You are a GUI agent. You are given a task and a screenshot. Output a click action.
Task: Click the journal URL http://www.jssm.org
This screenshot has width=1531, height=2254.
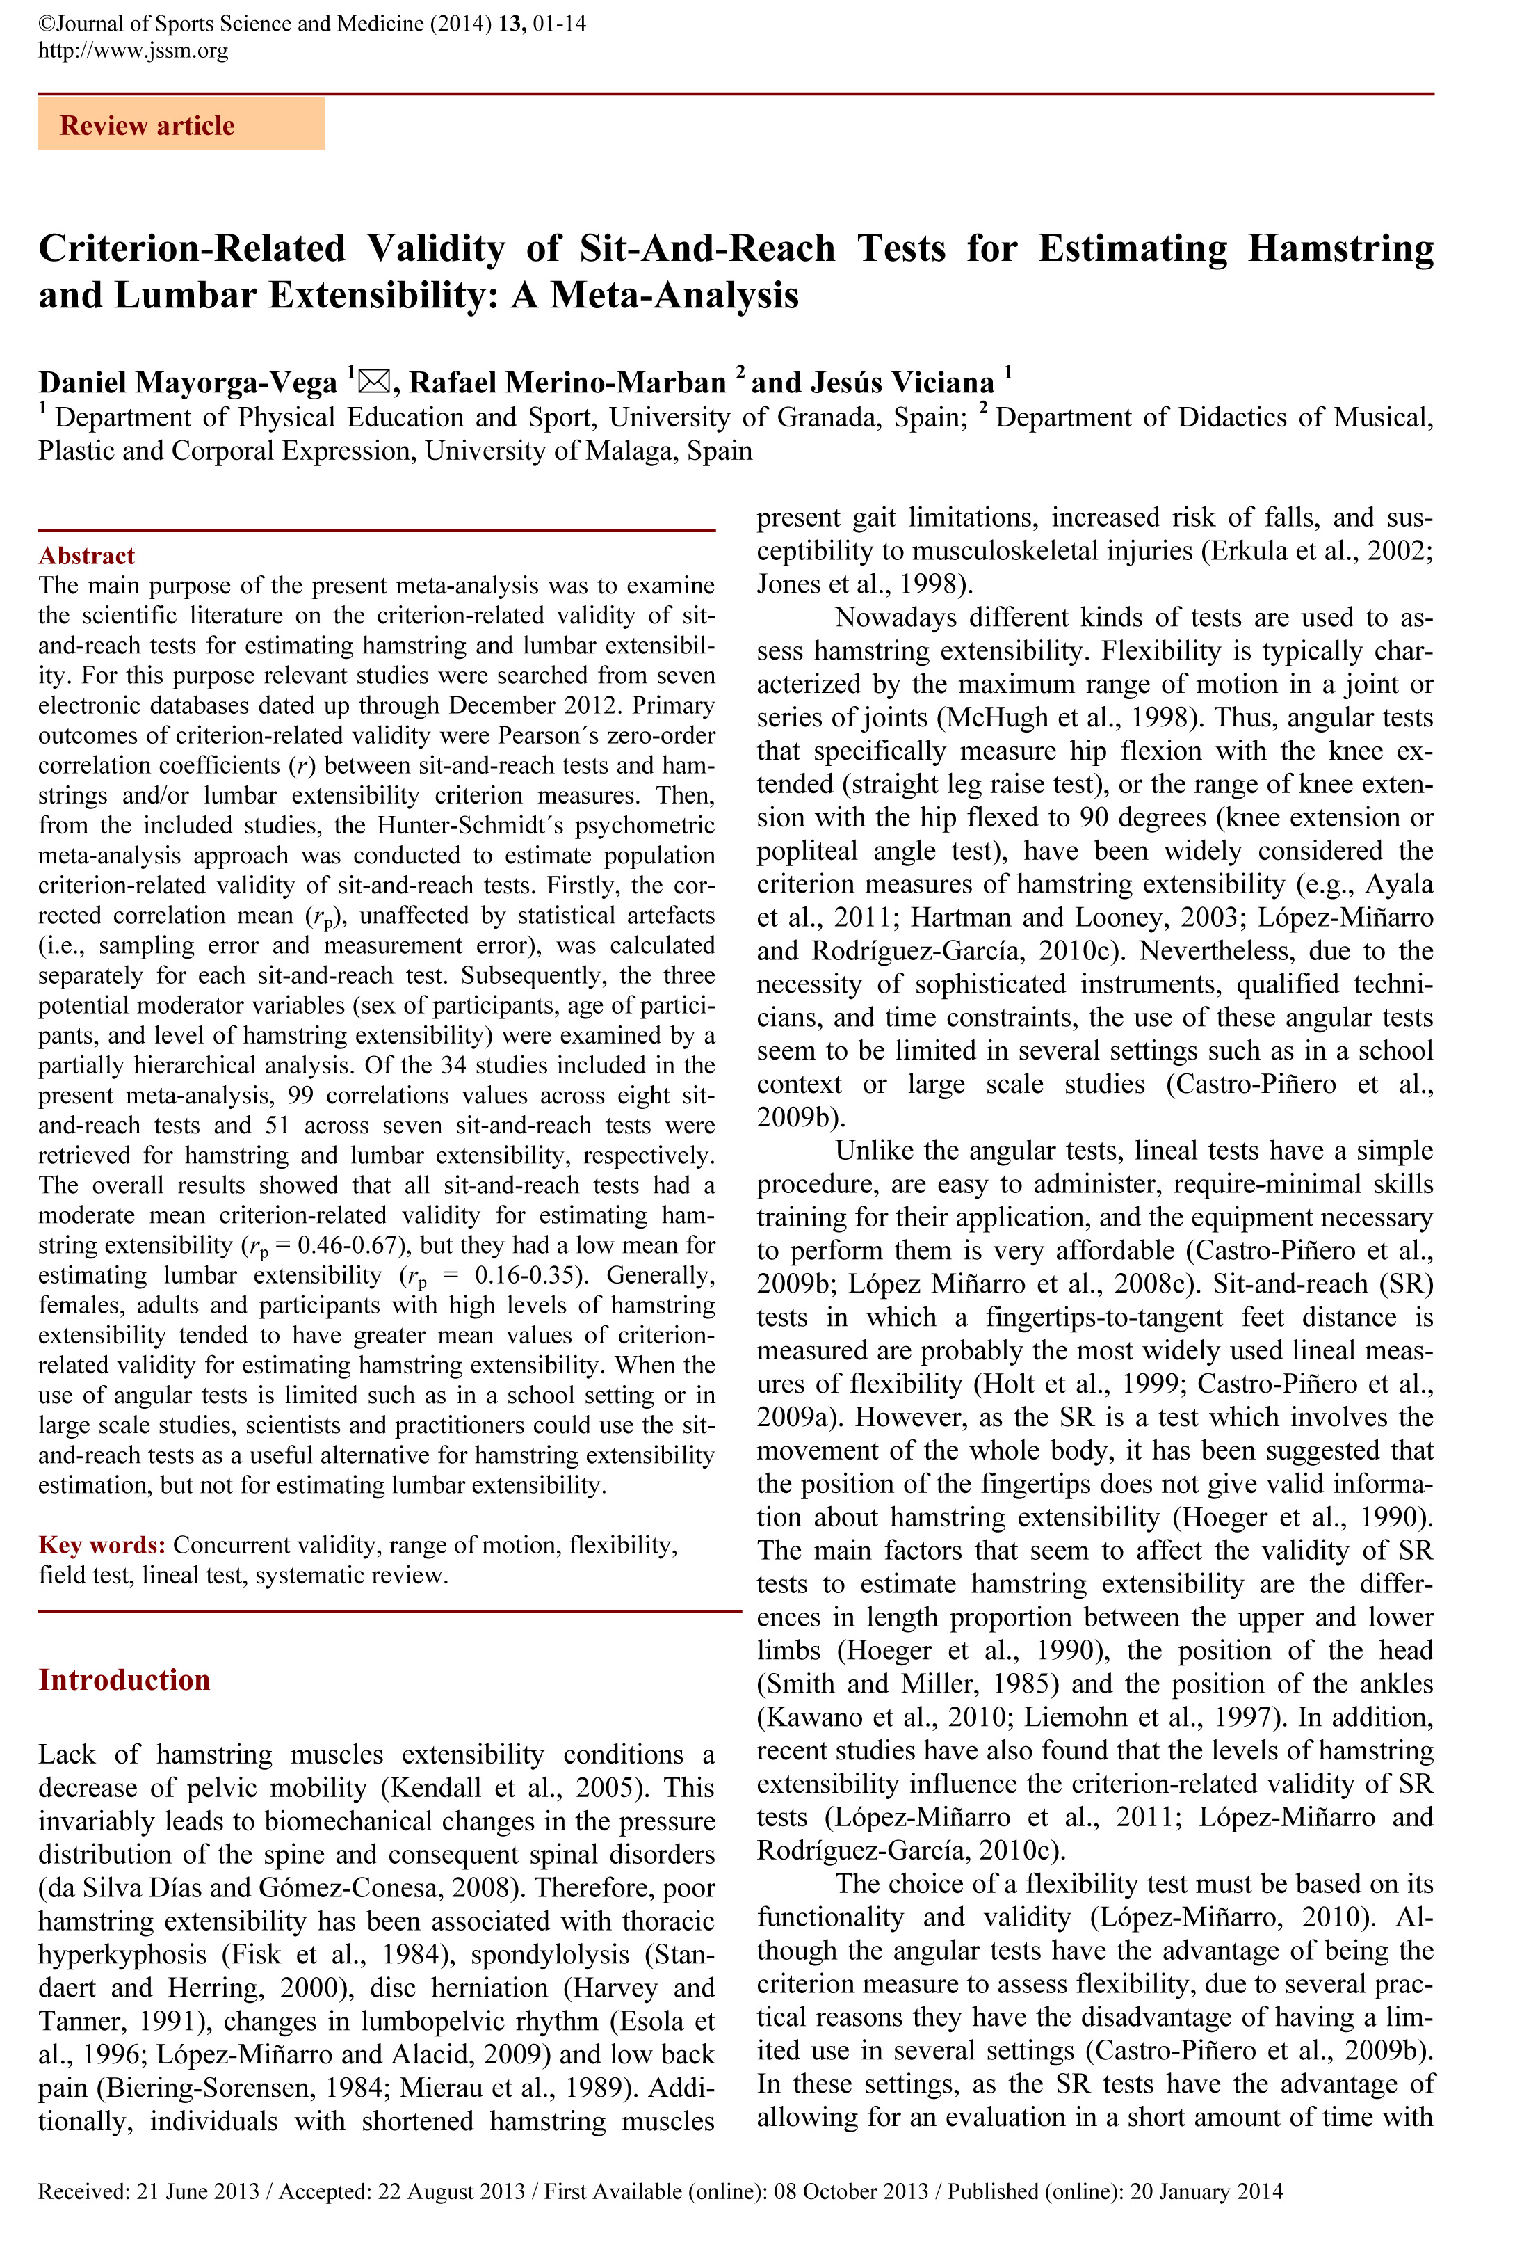pos(133,51)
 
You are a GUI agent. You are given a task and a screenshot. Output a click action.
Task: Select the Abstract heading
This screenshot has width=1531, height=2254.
pos(86,556)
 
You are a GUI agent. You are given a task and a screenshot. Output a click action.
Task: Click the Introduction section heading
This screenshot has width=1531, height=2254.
pos(124,1680)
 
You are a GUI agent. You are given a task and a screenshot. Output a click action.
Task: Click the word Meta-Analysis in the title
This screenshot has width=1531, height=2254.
pos(674,295)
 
